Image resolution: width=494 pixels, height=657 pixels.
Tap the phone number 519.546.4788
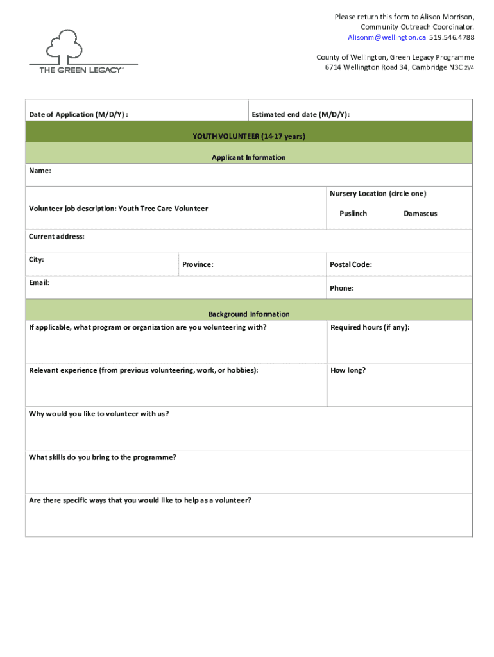(x=452, y=37)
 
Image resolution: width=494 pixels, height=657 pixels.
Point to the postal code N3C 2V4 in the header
(x=455, y=67)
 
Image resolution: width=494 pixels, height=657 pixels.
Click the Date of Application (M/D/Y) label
(x=78, y=115)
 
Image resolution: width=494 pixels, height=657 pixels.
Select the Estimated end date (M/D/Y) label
(x=300, y=115)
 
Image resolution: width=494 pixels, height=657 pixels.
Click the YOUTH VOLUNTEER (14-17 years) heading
(x=249, y=137)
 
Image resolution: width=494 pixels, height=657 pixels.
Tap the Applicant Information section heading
(x=248, y=157)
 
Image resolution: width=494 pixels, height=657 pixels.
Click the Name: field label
(x=40, y=171)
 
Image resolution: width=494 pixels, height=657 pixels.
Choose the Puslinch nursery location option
(x=353, y=214)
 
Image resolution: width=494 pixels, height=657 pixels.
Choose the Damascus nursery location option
(x=420, y=214)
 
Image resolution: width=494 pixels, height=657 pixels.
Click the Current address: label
(x=56, y=237)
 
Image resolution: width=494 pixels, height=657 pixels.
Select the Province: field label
(x=198, y=265)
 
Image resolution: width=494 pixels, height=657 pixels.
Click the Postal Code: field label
(x=350, y=265)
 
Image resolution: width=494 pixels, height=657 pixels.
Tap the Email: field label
(x=39, y=282)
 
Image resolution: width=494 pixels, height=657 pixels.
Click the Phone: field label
(x=341, y=288)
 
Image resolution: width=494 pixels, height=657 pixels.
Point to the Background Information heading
(x=248, y=314)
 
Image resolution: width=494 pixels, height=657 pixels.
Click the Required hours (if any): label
(x=370, y=328)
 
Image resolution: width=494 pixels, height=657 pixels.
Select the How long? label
(x=348, y=370)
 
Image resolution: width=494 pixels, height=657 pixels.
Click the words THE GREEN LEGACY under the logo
(x=81, y=70)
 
